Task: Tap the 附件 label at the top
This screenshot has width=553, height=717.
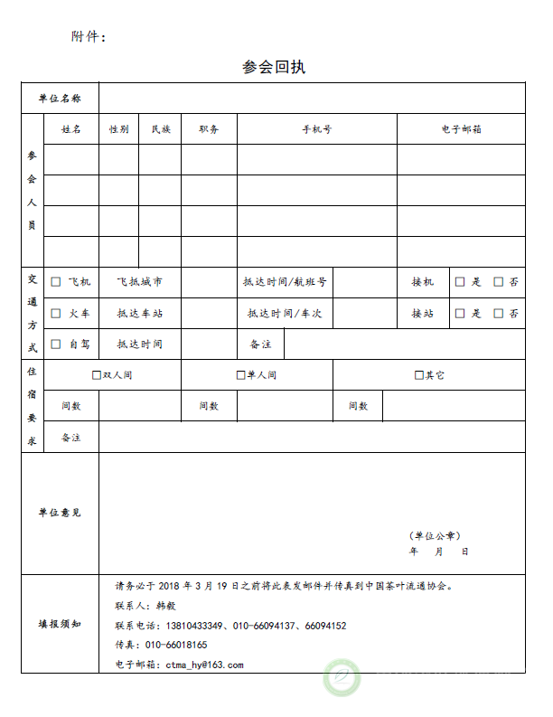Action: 88,37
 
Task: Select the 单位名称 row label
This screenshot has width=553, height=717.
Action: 60,99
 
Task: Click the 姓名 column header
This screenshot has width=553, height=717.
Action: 71,129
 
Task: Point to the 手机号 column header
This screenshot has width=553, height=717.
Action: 316,129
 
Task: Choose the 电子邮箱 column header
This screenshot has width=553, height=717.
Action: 461,129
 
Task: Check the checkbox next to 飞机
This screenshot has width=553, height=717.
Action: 56,282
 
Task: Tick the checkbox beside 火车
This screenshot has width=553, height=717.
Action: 56,314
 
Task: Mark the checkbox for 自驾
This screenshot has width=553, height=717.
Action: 56,344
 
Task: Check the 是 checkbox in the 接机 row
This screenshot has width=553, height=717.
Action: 460,282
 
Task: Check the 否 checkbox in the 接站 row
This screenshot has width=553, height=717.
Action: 499,314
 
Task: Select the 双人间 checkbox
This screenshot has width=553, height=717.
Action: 97,375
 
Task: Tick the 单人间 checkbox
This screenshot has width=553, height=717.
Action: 240,375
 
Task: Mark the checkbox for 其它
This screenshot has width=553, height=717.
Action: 418,375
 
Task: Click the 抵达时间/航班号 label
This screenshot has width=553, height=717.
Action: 285,282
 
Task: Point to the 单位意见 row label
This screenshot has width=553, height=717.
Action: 60,513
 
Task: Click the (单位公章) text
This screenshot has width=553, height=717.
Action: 435,535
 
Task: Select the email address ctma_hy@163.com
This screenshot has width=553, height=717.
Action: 204,665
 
